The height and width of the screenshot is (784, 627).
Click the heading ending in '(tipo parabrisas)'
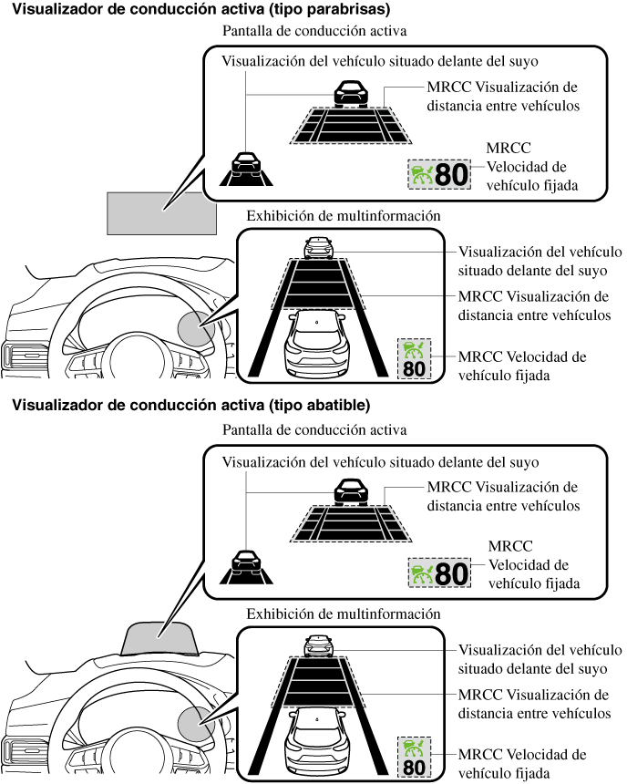pyautogui.click(x=201, y=10)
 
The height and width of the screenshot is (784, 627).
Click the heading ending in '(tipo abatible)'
pyautogui.click(x=190, y=405)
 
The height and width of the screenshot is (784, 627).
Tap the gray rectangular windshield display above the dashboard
pyautogui.click(x=162, y=213)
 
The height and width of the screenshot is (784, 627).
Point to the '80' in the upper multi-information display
pyautogui.click(x=414, y=368)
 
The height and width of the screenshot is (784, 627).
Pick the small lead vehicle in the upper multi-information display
pyautogui.click(x=317, y=247)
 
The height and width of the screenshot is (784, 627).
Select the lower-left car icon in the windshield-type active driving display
pyautogui.click(x=246, y=163)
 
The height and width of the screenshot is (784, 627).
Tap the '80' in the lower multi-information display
pyautogui.click(x=414, y=766)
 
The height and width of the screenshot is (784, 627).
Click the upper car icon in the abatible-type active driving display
pyautogui.click(x=352, y=491)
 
